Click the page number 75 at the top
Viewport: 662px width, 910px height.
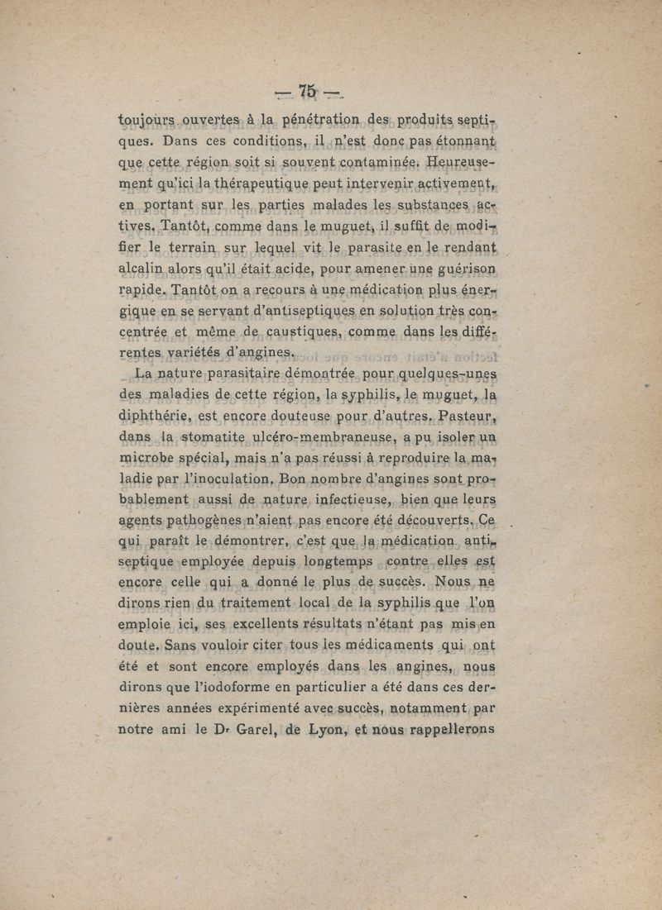pyautogui.click(x=309, y=91)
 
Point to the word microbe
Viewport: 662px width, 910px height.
pyautogui.click(x=151, y=456)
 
